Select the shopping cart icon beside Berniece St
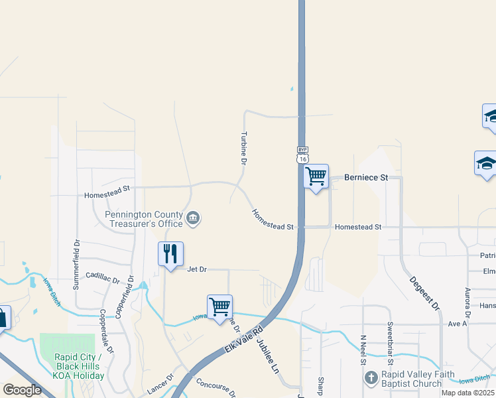tap(316, 176)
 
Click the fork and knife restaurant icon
tap(170, 254)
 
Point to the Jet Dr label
tap(197, 269)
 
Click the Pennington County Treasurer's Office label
tap(145, 219)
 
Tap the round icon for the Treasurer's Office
tap(193, 218)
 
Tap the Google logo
tap(22, 390)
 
